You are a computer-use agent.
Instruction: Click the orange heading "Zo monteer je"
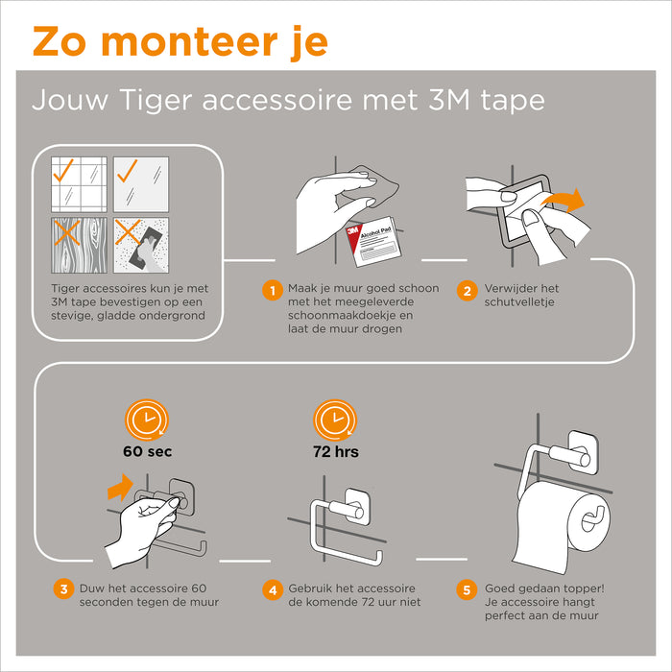click(x=180, y=42)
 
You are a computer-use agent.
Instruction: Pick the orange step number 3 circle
click(x=62, y=589)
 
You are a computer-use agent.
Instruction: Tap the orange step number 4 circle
click(x=272, y=589)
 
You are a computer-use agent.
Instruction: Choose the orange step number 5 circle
click(x=467, y=589)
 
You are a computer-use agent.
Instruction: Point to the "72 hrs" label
click(x=336, y=450)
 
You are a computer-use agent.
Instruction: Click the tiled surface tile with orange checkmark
click(x=79, y=184)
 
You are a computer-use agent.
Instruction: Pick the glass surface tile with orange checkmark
click(x=141, y=184)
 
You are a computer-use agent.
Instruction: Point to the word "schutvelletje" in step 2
click(x=517, y=302)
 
